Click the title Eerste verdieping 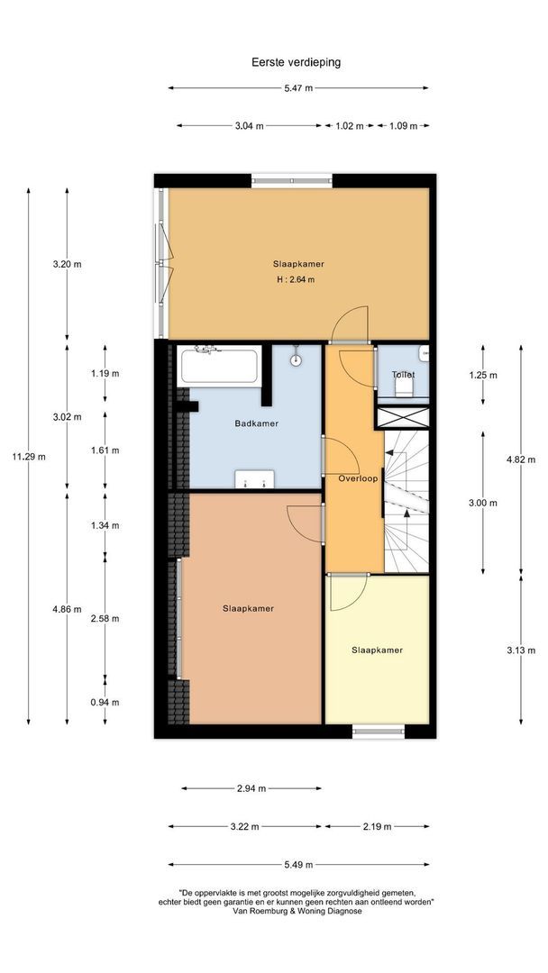pos(296,62)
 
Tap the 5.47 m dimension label pos(297,88)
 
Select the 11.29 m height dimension pos(29,457)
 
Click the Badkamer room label pos(256,423)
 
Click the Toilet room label pos(403,374)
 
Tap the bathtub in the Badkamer pos(220,367)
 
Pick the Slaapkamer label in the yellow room pos(377,650)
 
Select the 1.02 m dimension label pos(349,126)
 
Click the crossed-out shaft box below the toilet pos(401,416)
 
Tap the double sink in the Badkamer pos(252,479)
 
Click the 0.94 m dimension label pos(105,703)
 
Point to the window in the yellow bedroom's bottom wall pos(377,731)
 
